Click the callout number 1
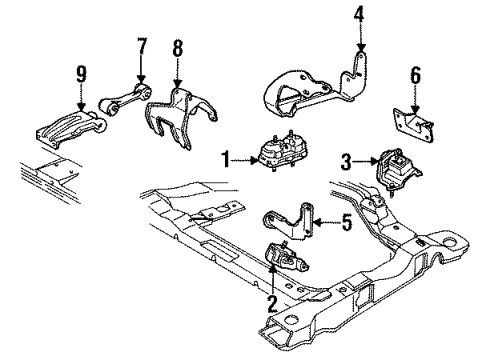point(227,156)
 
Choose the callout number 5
point(345,226)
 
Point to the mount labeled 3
point(393,165)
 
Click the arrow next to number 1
point(245,156)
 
